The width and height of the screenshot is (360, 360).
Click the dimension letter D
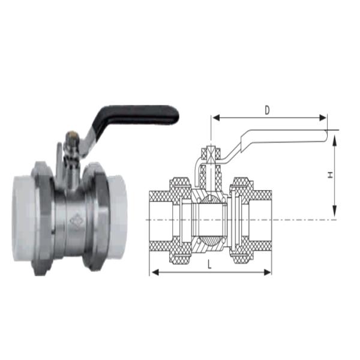[267, 110]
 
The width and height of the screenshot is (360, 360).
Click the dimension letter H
[330, 175]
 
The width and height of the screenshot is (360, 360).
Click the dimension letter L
[209, 265]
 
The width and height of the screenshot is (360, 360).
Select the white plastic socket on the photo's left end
[23, 218]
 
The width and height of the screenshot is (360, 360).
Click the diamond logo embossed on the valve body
[76, 221]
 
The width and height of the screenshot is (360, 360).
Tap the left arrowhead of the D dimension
[216, 118]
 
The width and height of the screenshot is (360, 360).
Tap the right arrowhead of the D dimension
[323, 118]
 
